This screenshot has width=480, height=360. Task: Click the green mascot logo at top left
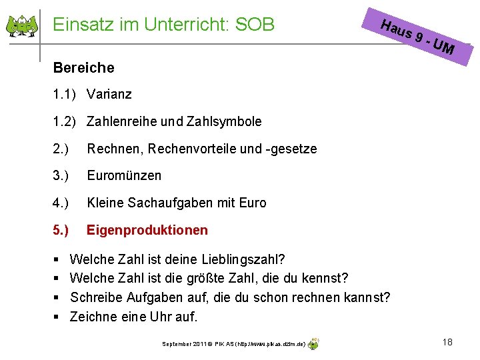[22, 25]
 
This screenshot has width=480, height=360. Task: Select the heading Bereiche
[83, 68]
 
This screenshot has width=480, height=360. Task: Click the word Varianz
[109, 94]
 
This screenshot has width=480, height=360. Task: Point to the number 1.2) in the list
[65, 121]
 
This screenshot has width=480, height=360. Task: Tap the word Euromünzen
[124, 175]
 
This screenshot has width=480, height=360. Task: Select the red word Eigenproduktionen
[147, 230]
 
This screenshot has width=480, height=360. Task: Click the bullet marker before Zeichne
[56, 317]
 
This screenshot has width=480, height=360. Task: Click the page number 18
[447, 342]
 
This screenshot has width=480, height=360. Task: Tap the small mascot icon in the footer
[313, 343]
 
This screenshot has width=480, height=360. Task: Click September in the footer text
[177, 344]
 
